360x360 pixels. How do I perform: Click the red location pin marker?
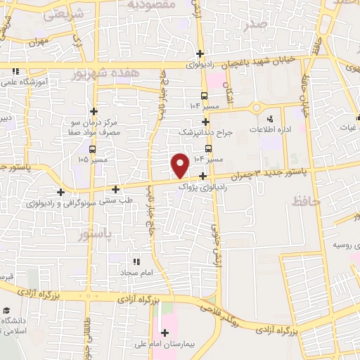pyautogui.click(x=180, y=165)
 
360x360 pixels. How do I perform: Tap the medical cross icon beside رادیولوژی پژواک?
pyautogui.click(x=202, y=176)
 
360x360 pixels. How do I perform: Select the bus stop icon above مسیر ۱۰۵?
pyautogui.click(x=94, y=149)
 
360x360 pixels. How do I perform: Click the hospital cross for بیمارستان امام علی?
pyautogui.click(x=165, y=333)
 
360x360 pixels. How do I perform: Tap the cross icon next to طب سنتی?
pyautogui.click(x=116, y=188)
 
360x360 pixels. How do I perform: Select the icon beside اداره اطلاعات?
pyautogui.click(x=271, y=118)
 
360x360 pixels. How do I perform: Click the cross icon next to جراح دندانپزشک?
pyautogui.click(x=205, y=122)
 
